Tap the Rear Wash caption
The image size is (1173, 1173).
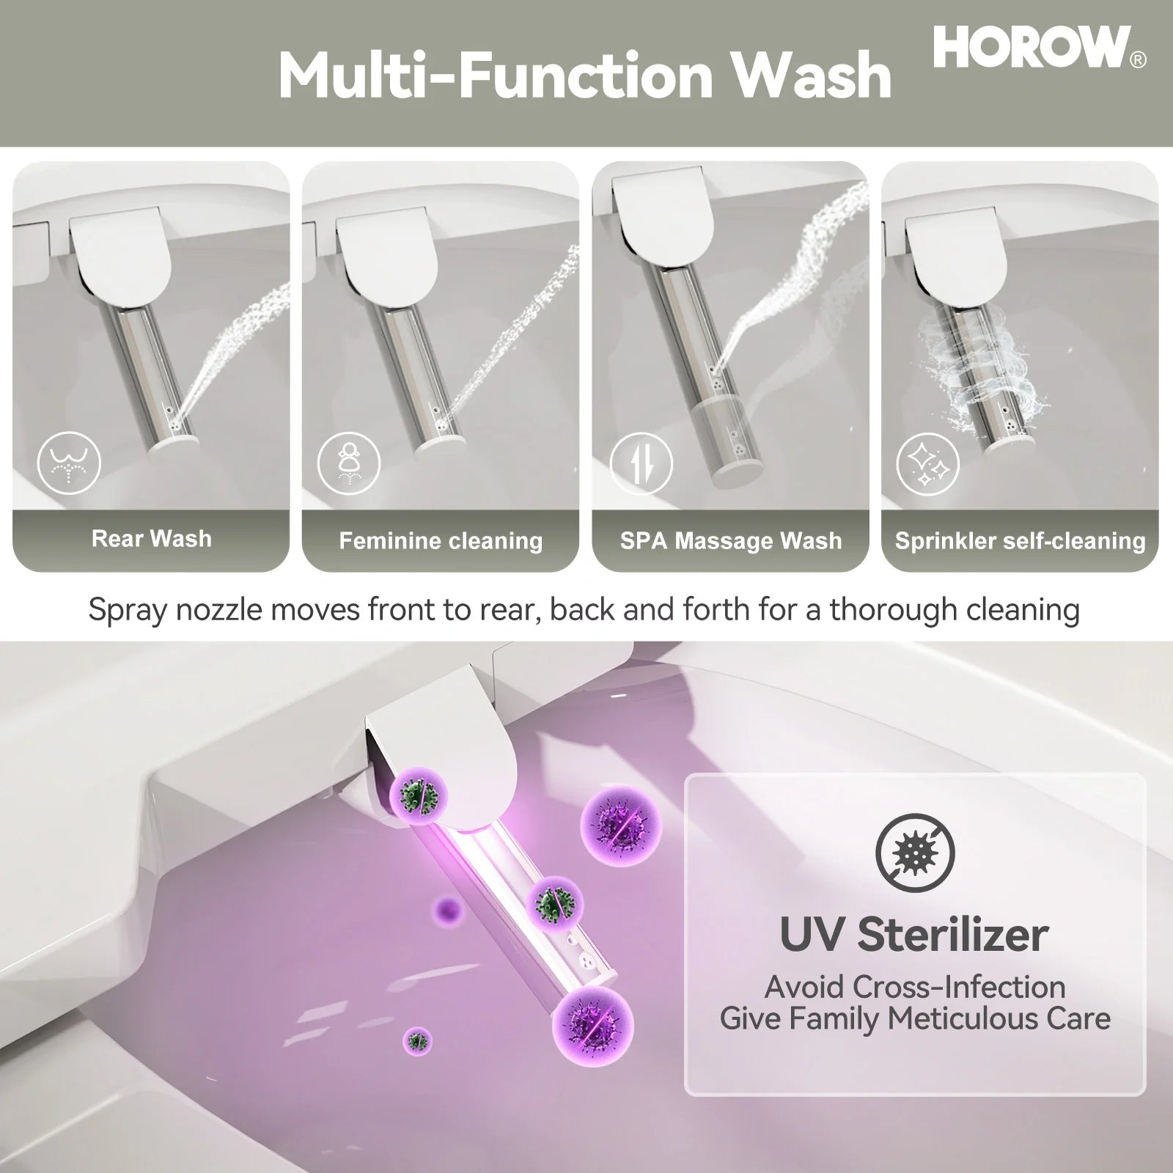tap(151, 539)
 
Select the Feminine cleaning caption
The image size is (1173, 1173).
tap(441, 541)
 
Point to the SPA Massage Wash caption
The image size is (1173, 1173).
tap(731, 541)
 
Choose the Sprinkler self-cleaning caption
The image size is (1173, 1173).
tap(1020, 541)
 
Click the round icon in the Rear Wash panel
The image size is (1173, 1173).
tap(69, 462)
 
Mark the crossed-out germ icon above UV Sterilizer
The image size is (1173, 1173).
tap(915, 853)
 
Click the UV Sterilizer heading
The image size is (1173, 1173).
tap(914, 935)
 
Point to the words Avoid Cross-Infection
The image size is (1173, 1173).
tap(914, 987)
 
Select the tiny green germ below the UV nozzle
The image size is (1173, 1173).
tap(418, 1040)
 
